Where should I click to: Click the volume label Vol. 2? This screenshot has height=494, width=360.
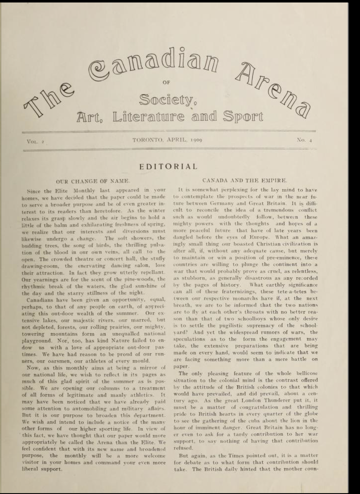coord(35,141)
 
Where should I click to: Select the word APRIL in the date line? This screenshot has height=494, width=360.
coord(174,140)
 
